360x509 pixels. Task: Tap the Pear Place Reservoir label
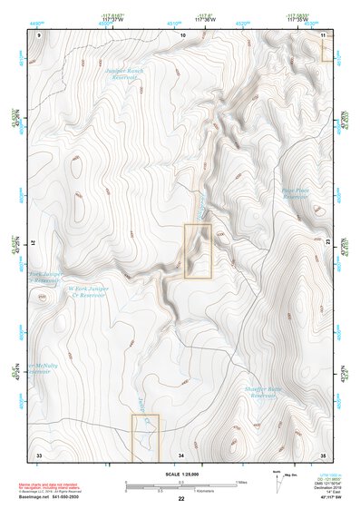[296, 192]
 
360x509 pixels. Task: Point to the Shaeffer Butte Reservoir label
[263, 392]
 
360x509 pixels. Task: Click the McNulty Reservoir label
[38, 367]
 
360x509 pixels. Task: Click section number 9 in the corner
[39, 34]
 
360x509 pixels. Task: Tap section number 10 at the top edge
[184, 34]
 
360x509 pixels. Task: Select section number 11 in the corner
[324, 34]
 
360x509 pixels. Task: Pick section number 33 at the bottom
[39, 454]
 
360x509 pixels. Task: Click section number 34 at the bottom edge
[181, 454]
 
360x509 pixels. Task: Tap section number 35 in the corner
[324, 454]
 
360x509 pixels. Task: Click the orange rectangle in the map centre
[198, 250]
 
